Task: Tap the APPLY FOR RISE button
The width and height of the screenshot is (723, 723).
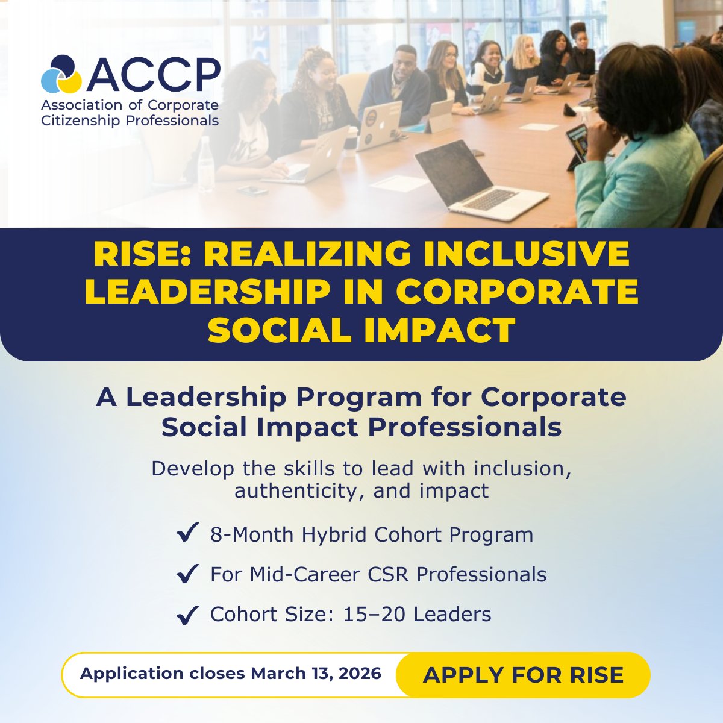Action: pyautogui.click(x=523, y=675)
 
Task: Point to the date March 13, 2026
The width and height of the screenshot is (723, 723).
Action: pyautogui.click(x=316, y=674)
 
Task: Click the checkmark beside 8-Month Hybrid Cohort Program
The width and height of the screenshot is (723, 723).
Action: pyautogui.click(x=187, y=534)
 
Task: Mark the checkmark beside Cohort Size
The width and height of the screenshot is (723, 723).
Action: pyautogui.click(x=187, y=615)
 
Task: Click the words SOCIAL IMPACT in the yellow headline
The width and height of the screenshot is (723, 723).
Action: pyautogui.click(x=361, y=330)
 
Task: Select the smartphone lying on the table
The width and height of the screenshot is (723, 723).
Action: pyautogui.click(x=252, y=190)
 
